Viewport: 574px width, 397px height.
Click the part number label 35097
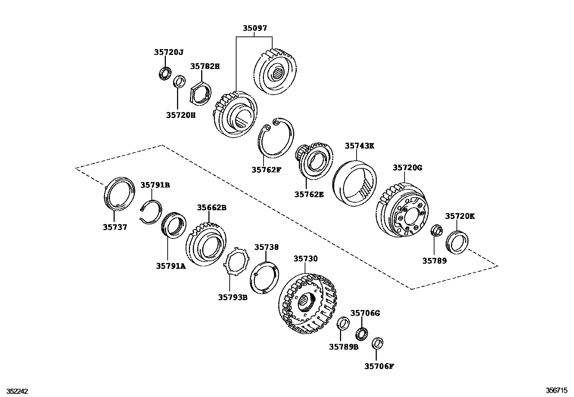[x=255, y=28]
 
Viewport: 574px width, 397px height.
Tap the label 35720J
[x=169, y=52]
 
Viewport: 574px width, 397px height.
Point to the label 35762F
[x=266, y=169]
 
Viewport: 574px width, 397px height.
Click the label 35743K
[x=359, y=146]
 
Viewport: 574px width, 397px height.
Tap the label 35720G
[x=407, y=168]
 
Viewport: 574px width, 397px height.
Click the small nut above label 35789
[x=436, y=230]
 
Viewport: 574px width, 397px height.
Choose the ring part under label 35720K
[x=458, y=242]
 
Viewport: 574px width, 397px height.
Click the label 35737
[x=115, y=227]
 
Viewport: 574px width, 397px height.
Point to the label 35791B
[x=155, y=185]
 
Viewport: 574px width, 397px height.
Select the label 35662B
[x=212, y=208]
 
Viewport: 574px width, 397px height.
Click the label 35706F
[x=379, y=366]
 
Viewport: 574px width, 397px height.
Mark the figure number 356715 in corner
[x=556, y=391]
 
